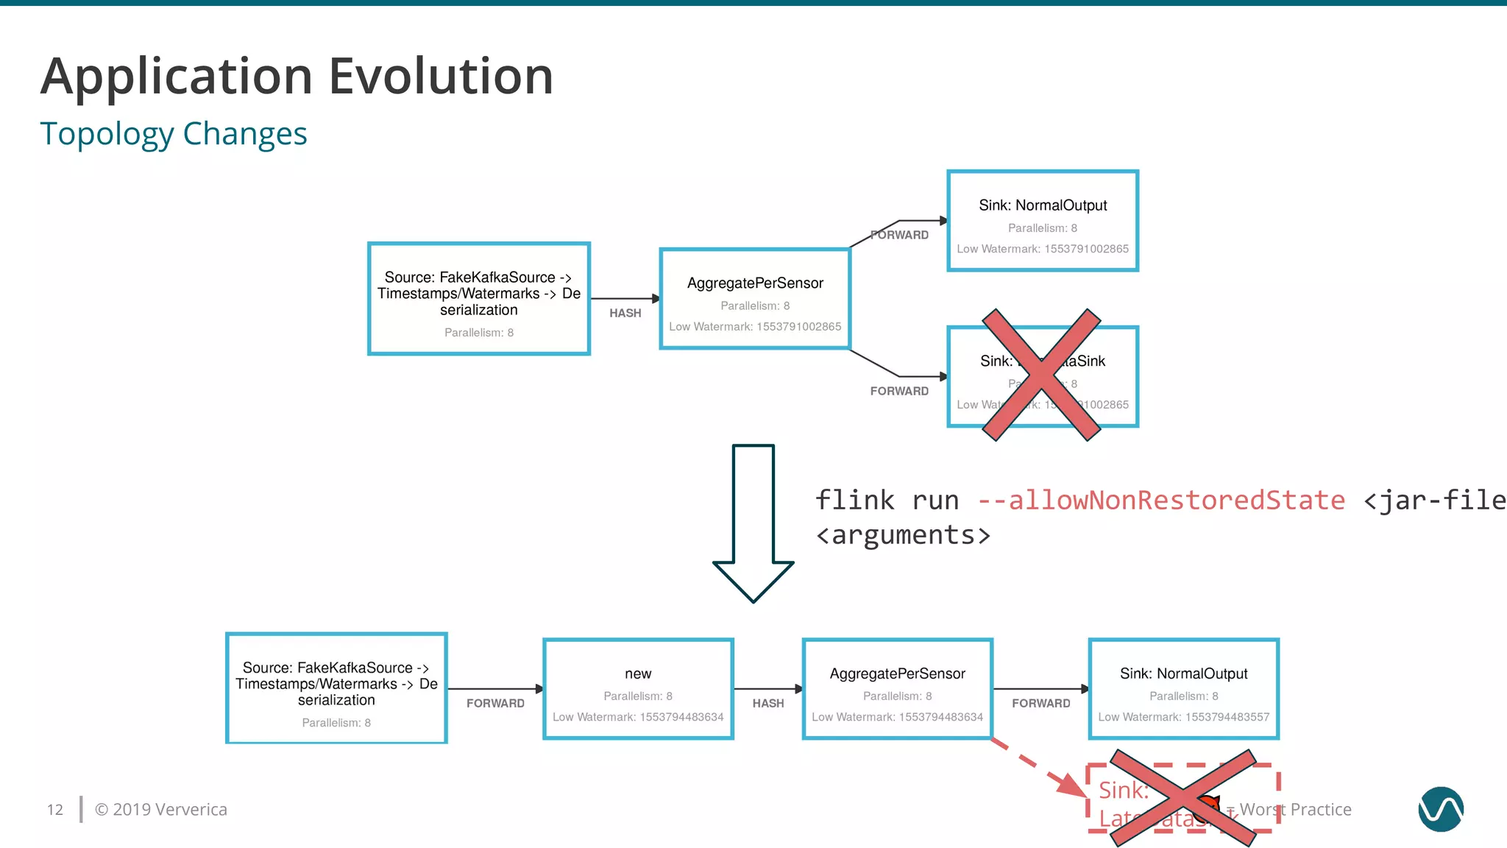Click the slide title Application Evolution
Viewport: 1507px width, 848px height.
coord(297,77)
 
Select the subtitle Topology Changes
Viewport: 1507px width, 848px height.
coord(174,134)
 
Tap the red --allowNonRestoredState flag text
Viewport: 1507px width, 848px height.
coord(1161,501)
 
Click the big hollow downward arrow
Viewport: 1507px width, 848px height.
coord(753,523)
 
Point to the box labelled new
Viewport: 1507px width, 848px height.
coord(638,689)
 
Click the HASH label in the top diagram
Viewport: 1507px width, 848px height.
coord(625,313)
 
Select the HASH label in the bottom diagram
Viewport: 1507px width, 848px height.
coord(767,704)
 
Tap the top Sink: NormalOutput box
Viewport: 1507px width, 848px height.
coord(1043,221)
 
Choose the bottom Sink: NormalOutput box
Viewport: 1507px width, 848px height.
coord(1183,689)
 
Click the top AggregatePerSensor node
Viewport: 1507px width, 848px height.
coord(755,299)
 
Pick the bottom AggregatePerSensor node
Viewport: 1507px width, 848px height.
coord(897,689)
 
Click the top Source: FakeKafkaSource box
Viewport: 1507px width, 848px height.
coord(479,299)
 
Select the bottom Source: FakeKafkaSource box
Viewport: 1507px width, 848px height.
coord(336,688)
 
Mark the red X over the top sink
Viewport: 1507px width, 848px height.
coord(1041,375)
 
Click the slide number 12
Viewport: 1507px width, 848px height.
coord(55,810)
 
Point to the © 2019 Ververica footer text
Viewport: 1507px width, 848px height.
coord(161,810)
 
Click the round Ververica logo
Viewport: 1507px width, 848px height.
coord(1440,809)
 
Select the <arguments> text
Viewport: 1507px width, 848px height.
coord(903,535)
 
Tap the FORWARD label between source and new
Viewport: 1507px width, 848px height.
coord(495,704)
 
